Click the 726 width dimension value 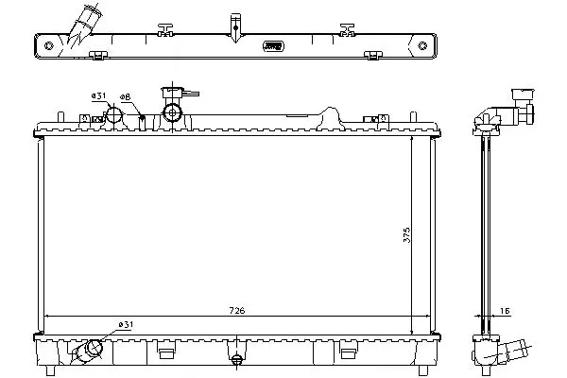237,310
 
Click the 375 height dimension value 406,234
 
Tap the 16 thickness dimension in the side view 505,311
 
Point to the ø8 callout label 125,97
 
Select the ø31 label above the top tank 98,95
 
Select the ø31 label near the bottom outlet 126,324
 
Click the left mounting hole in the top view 48,45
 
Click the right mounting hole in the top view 422,45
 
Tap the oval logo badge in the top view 273,46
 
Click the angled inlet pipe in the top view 84,24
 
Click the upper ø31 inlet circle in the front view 114,114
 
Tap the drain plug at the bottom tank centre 236,359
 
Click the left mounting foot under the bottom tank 51,370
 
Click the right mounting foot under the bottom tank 423,370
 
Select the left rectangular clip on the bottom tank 166,353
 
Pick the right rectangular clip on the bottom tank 348,353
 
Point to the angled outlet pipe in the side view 513,351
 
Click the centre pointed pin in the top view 235,28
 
